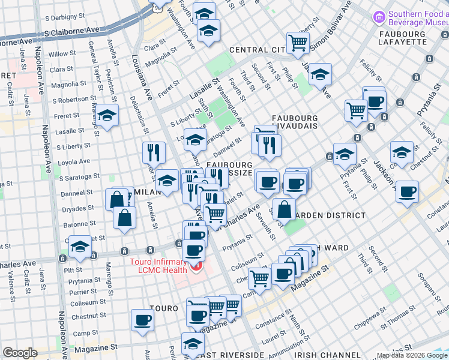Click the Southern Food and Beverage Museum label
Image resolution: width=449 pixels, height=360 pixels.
click(x=417, y=19)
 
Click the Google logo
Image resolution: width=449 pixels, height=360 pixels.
click(x=20, y=353)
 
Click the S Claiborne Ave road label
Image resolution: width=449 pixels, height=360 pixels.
click(x=71, y=30)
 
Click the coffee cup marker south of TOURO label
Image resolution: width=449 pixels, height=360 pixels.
click(x=142, y=319)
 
